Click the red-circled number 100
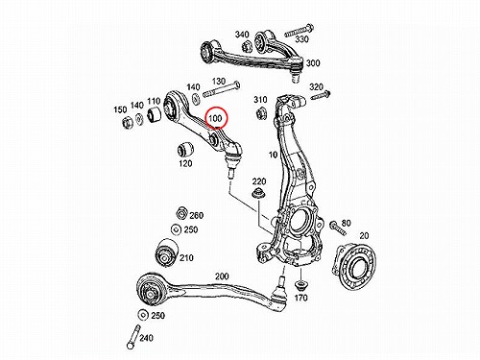click(215, 119)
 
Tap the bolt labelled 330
click(299, 31)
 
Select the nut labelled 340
click(248, 47)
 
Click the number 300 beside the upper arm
click(313, 63)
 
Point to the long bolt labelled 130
click(222, 89)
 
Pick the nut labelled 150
click(127, 122)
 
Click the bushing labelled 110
click(156, 114)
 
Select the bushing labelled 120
click(185, 148)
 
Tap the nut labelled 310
click(261, 114)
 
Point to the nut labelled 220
click(258, 194)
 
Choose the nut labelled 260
click(181, 213)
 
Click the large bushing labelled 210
click(166, 252)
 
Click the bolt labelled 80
click(337, 228)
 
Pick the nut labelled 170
click(300, 284)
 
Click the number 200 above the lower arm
click(222, 276)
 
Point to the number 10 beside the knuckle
click(273, 155)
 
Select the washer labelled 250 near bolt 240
click(142, 315)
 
